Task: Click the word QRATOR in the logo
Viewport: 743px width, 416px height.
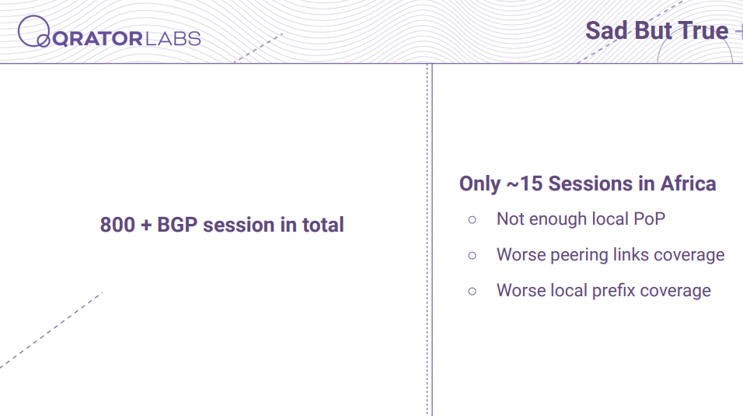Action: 97,39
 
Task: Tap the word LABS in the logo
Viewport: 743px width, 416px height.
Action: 173,39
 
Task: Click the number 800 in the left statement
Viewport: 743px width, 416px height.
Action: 117,225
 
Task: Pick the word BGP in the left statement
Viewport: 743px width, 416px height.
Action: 177,225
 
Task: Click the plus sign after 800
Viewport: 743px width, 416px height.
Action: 146,225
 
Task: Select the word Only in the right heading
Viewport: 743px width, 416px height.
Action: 480,184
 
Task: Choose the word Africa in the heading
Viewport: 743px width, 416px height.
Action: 688,184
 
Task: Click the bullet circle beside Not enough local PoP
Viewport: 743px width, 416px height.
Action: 472,219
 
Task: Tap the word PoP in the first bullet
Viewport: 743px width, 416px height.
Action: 649,219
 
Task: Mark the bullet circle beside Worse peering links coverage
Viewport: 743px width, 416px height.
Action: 472,256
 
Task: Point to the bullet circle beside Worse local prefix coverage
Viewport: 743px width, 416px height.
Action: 472,292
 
